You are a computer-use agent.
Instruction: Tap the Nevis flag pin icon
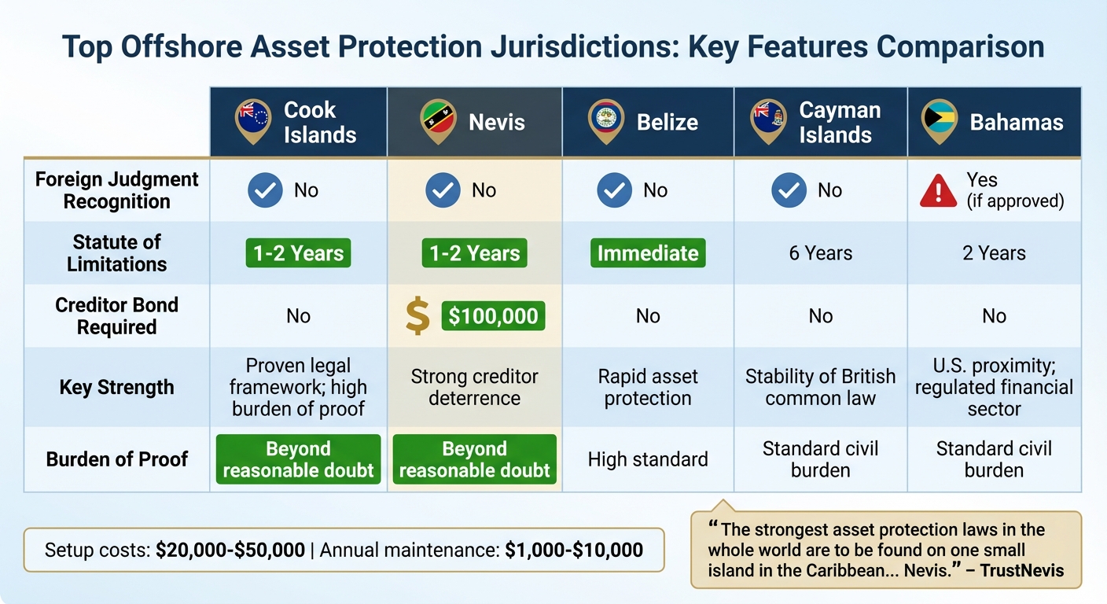[x=438, y=120]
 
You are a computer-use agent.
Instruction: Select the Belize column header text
[x=667, y=123]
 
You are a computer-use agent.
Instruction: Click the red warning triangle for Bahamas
[x=938, y=191]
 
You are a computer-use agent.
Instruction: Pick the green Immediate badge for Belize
[x=648, y=253]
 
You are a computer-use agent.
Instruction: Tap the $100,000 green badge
[x=493, y=316]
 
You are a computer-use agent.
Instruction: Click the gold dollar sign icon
[x=417, y=316]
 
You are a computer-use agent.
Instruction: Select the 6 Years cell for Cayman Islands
[x=821, y=253]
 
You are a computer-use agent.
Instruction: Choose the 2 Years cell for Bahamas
[x=994, y=253]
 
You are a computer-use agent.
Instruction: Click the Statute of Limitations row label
[x=116, y=253]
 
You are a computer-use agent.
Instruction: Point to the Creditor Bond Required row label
[x=116, y=316]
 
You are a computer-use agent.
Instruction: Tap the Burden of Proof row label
[x=116, y=459]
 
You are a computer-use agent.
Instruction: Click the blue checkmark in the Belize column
[x=614, y=191]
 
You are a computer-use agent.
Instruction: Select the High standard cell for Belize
[x=648, y=459]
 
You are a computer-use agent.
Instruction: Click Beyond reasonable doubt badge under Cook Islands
[x=298, y=459]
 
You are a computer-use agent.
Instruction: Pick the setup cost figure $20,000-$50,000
[x=230, y=550]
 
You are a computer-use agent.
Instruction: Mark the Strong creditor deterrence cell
[x=474, y=387]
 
